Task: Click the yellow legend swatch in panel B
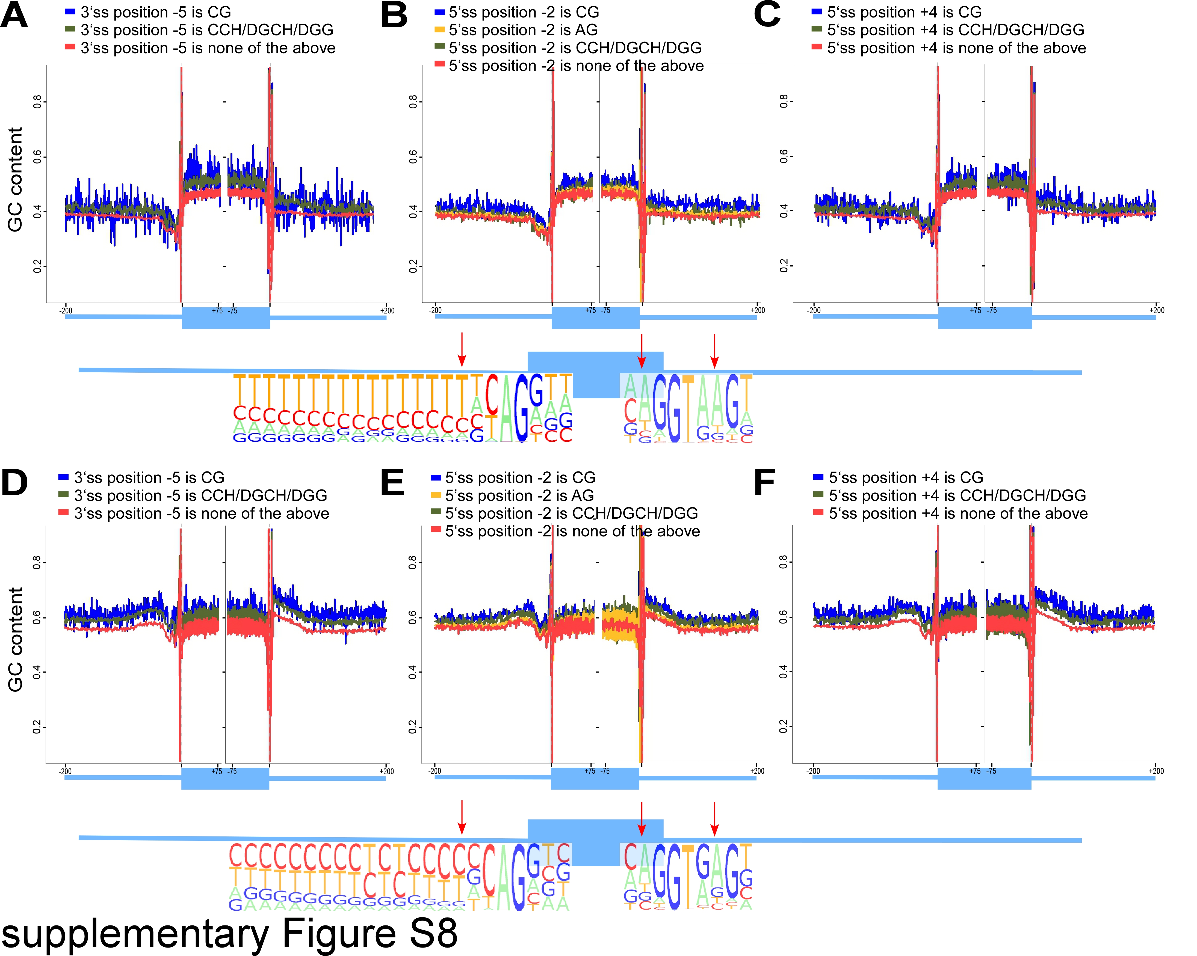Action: point(440,29)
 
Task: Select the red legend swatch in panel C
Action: point(816,48)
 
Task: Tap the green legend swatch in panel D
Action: point(63,495)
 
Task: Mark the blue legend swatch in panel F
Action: point(818,477)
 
